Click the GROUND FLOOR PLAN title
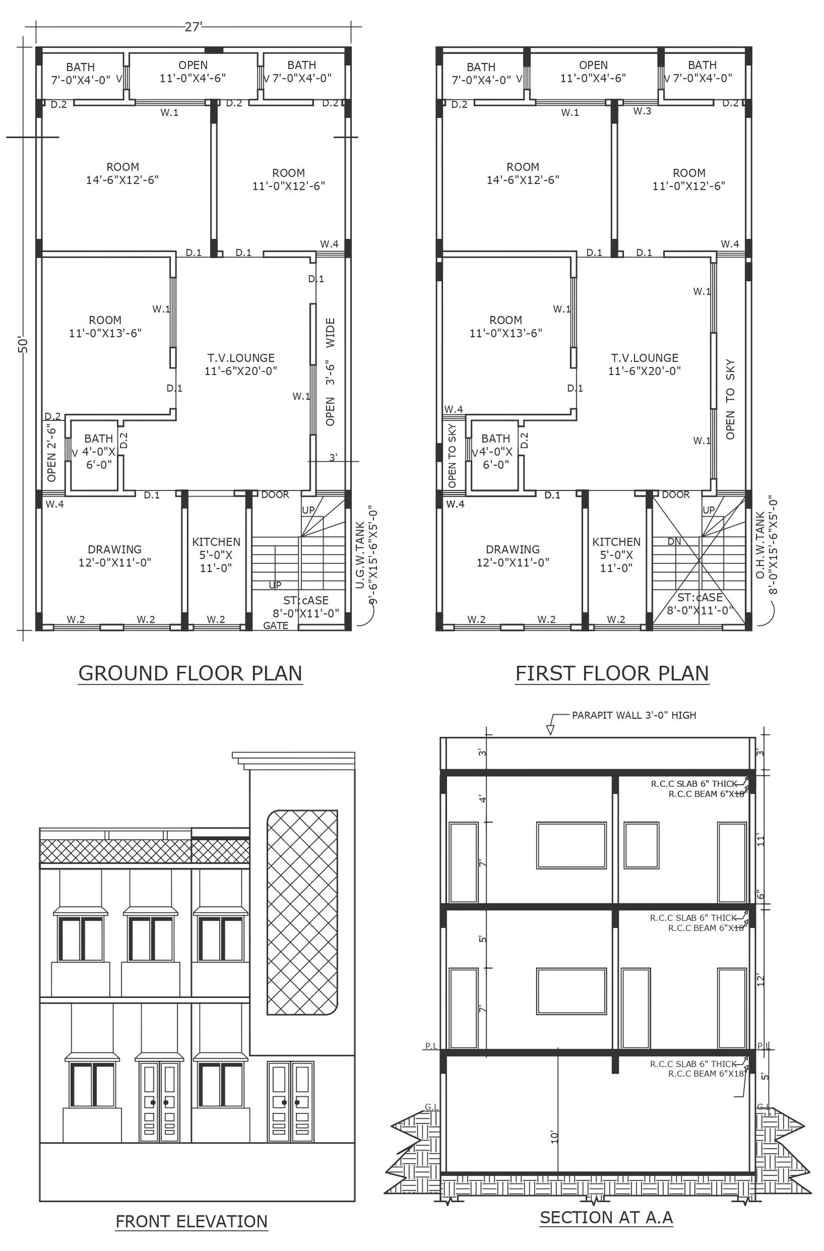point(190,673)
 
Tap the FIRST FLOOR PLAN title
point(612,673)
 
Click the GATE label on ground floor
point(276,625)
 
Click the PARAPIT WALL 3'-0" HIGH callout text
point(634,715)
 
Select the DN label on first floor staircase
point(674,542)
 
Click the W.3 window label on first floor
point(642,111)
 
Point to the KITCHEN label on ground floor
point(216,542)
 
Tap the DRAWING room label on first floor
point(513,549)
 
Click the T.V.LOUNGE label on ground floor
point(241,358)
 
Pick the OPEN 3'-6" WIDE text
point(330,371)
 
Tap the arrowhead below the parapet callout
point(550,730)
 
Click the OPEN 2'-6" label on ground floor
point(51,453)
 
